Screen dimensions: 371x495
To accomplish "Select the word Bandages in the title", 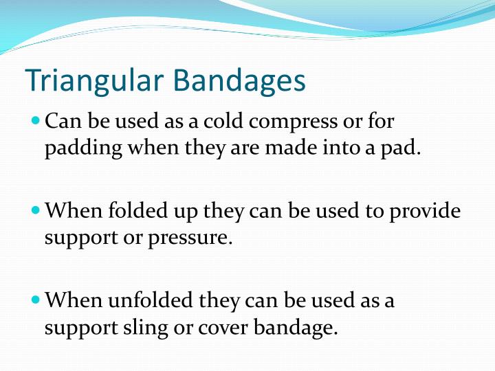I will (239, 80).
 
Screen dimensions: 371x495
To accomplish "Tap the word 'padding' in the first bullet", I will (76, 149).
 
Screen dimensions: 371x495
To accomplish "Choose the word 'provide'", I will (424, 211).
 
